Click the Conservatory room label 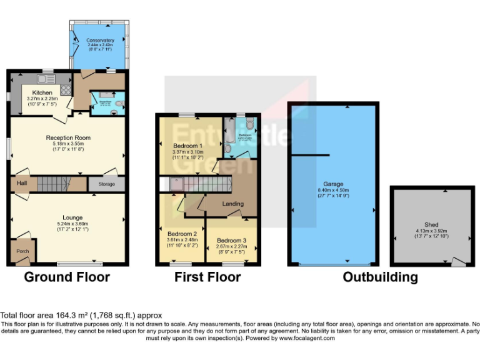click(x=100, y=41)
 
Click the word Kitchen click(x=42, y=92)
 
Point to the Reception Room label click(x=68, y=137)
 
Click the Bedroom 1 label click(x=187, y=146)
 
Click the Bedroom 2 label click(x=181, y=234)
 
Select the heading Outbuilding click(x=380, y=277)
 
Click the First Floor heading click(x=208, y=277)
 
